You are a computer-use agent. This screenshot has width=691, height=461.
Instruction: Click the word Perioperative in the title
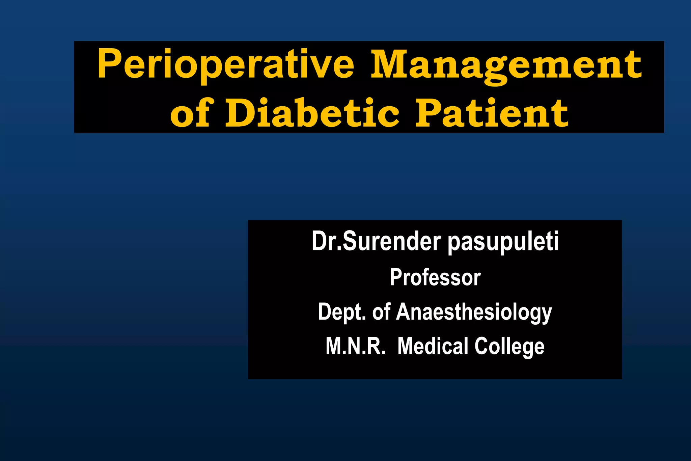pos(225,64)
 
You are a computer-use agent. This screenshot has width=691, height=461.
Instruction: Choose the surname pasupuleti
pos(503,242)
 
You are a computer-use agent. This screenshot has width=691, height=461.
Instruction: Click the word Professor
pos(435,277)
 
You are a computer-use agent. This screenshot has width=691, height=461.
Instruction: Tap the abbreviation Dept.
pos(342,312)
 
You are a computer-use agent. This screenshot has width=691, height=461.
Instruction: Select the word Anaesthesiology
pos(474,312)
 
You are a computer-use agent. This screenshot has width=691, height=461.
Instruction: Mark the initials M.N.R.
pos(355,346)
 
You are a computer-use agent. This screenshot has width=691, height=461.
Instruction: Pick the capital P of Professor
pos(395,277)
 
